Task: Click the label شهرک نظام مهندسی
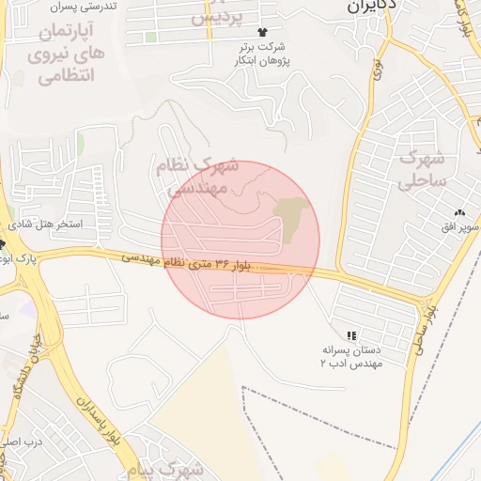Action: click(202, 178)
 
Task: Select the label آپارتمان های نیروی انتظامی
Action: click(67, 55)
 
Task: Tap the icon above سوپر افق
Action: click(460, 213)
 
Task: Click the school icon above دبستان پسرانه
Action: click(351, 334)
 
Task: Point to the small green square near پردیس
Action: click(150, 38)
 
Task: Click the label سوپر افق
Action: click(465, 227)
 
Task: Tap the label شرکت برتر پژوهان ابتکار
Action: click(262, 53)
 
